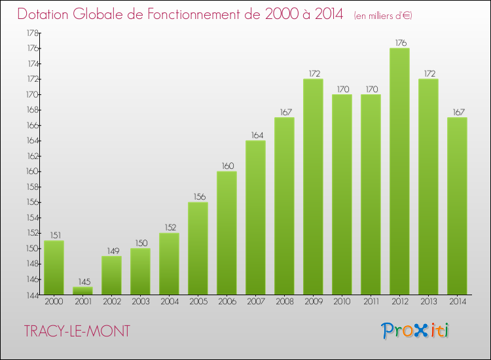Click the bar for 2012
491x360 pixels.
pos(400,171)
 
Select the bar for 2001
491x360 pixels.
pos(82,291)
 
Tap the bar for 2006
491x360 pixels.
pos(227,232)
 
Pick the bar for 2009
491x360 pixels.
pos(313,187)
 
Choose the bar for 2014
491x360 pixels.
pos(457,206)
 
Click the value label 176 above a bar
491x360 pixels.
pos(400,43)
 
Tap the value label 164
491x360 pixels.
pos(256,135)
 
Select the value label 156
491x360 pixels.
pos(198,196)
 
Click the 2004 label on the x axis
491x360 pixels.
pos(169,302)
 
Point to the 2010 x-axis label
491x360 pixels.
pos(342,302)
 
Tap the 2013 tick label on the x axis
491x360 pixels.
pos(429,302)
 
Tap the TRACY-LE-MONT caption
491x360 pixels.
pos(77,331)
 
